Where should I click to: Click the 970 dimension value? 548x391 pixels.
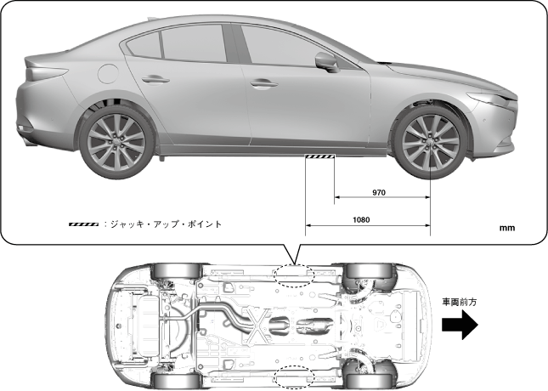pos(379,192)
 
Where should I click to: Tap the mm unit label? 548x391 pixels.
pos(508,228)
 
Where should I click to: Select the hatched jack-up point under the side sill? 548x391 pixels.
pos(320,156)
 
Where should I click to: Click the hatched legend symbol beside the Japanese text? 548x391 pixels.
pos(83,224)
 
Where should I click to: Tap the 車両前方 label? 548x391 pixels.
pos(460,301)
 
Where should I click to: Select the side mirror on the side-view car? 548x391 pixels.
pos(325,61)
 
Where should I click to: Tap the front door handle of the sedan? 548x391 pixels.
pos(264,84)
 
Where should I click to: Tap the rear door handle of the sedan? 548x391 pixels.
pos(155,79)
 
